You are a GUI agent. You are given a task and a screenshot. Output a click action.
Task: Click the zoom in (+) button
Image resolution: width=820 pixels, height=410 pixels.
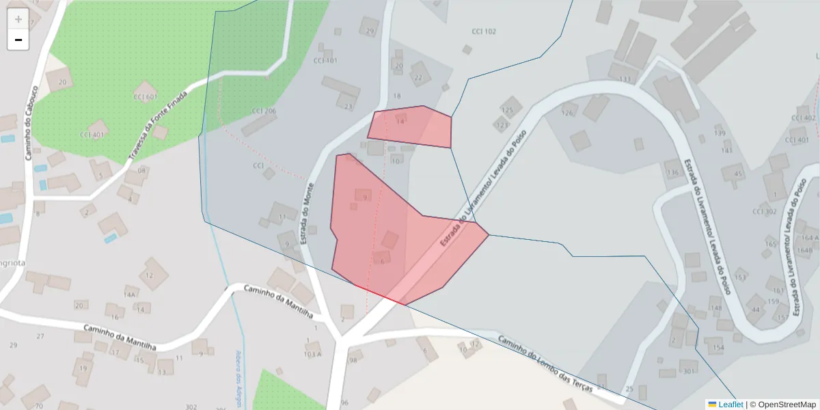[x=18, y=19]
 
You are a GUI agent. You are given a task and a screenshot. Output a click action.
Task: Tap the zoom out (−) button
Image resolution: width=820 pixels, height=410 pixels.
[x=18, y=40]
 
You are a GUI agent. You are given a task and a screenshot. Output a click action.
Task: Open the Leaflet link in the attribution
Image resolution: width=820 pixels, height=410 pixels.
[x=730, y=404]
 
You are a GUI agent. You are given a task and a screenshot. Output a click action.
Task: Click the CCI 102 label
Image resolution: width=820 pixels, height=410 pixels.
[x=484, y=31]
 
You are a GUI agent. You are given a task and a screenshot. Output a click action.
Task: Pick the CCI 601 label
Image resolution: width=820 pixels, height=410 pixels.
[x=145, y=96]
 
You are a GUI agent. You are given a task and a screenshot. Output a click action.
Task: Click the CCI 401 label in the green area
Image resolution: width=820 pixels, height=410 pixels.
[x=92, y=135]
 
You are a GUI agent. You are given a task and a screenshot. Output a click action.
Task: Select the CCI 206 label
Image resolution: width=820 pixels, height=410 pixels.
[x=263, y=111]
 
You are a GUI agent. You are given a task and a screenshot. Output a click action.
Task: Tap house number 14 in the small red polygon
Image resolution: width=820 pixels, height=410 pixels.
[x=400, y=122]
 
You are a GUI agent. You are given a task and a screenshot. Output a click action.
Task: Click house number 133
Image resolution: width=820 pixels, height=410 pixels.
[x=625, y=79]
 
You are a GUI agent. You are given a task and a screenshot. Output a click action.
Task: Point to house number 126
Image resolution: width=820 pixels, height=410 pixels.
[x=567, y=113]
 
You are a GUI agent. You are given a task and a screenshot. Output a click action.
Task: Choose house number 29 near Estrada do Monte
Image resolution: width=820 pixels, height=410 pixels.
[x=370, y=31]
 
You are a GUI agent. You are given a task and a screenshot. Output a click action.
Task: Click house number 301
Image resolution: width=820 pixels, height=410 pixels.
[x=688, y=372]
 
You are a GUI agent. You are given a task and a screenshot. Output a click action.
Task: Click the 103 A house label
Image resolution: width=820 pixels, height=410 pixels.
[x=312, y=354]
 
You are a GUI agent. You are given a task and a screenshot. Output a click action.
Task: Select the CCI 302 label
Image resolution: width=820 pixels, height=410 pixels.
[x=765, y=211]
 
